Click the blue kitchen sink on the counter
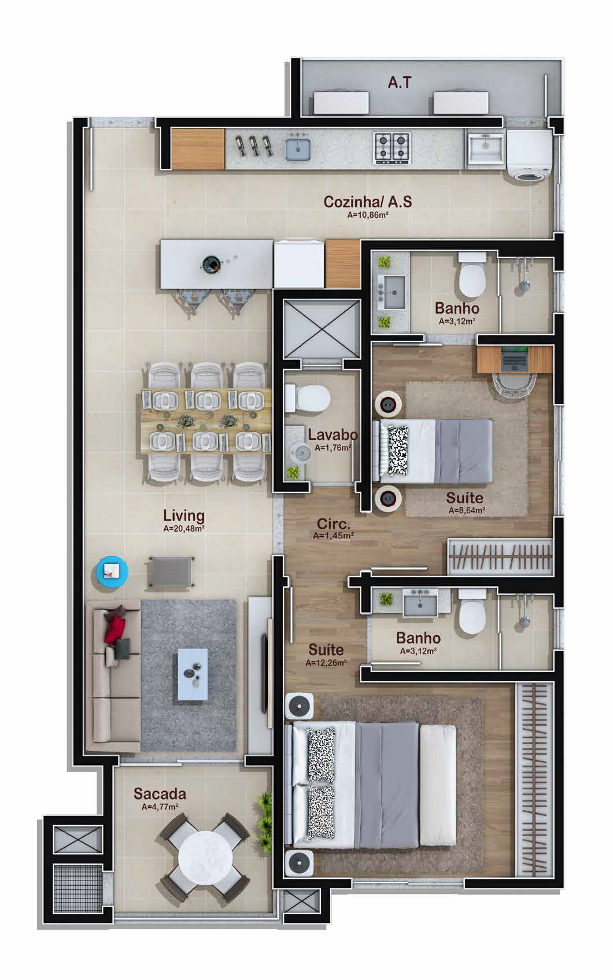coord(298,149)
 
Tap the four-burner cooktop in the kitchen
coord(392,149)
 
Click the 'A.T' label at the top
coord(400,82)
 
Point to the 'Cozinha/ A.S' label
coord(367,202)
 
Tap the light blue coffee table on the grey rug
coord(193,674)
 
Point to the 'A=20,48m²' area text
coord(184,528)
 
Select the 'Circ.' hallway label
coord(333,524)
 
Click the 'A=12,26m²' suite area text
coord(326,662)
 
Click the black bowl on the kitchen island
coord(213,263)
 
